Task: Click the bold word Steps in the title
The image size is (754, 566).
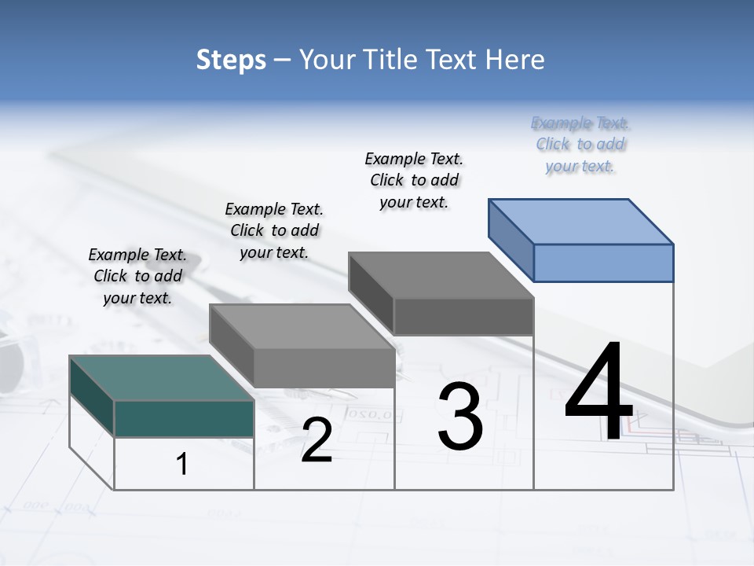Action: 231,61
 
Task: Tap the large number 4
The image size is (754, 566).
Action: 598,392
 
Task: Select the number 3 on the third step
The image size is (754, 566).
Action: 459,417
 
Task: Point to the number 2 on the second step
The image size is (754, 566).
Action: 317,440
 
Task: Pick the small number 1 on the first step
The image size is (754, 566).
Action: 182,465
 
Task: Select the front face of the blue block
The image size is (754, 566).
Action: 603,263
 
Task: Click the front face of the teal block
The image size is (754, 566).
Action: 184,418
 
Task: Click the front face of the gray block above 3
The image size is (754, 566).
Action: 463,316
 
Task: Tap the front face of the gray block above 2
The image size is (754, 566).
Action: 324,368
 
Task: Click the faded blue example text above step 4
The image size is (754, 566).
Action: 580,144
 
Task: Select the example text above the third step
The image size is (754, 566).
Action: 414,180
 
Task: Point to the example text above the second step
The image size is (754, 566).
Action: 274,230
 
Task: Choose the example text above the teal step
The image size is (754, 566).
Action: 137,276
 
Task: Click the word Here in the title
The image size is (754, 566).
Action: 515,60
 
